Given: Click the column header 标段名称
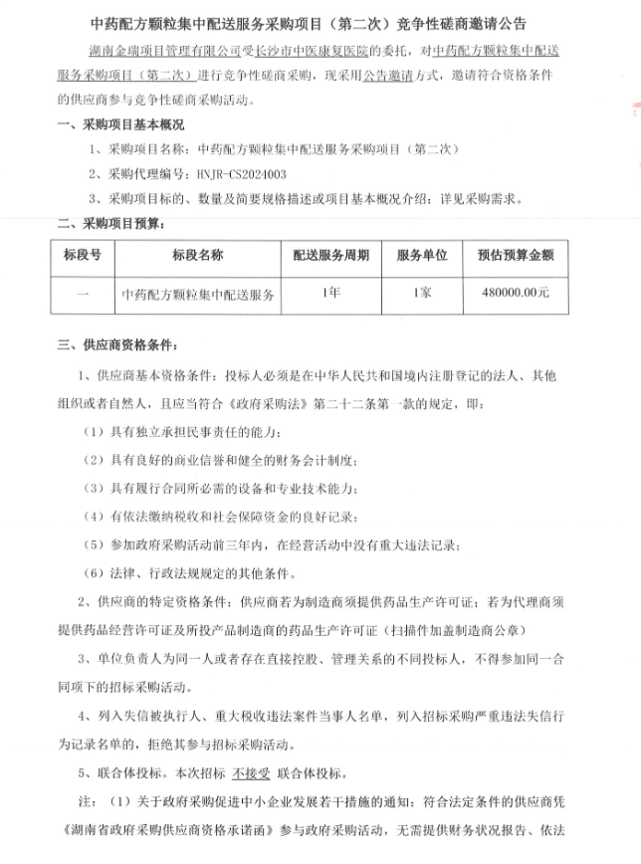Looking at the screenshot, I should point(197,254).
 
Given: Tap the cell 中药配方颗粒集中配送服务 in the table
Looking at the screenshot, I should point(197,294).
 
